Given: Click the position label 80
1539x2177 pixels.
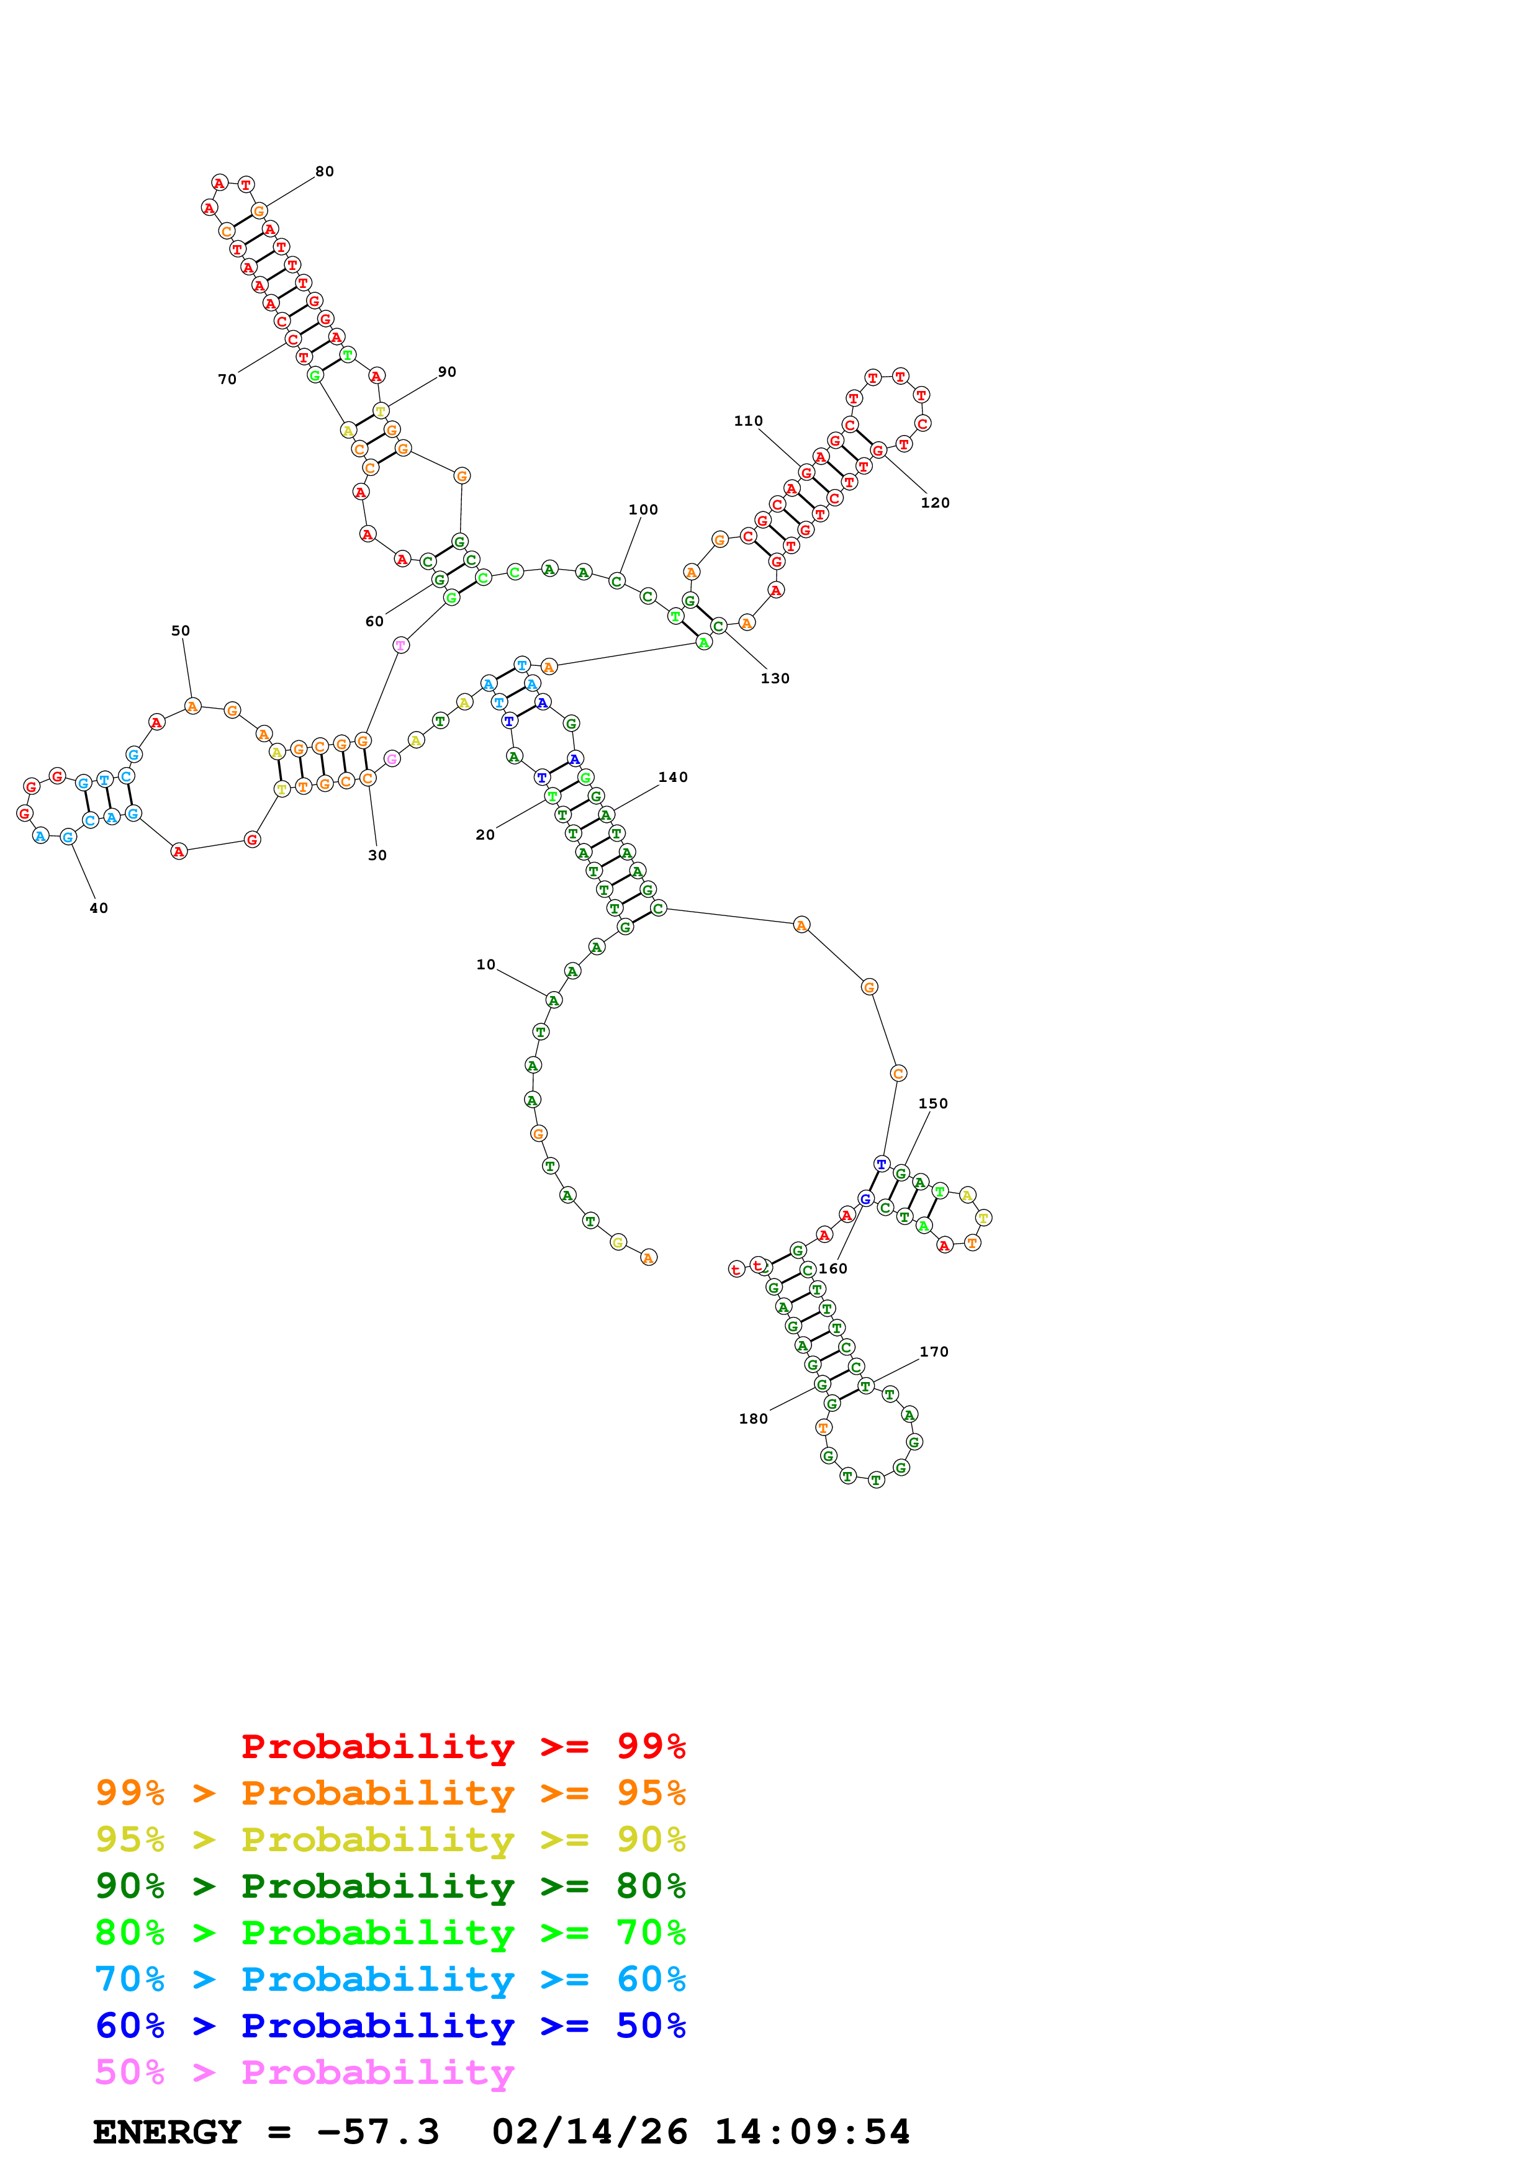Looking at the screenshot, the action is click(324, 172).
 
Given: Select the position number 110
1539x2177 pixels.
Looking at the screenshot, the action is click(748, 421).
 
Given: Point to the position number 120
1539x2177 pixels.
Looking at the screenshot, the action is click(935, 503).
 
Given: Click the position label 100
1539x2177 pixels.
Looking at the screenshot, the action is click(643, 509).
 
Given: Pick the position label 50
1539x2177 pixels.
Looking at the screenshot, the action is click(180, 631).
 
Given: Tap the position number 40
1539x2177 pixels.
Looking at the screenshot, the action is click(99, 909).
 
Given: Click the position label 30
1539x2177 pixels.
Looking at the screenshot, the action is click(377, 855).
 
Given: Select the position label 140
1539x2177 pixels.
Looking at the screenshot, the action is click(673, 778).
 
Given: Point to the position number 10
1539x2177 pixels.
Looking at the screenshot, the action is click(485, 964).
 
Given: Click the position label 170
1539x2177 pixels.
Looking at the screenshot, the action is click(934, 1352).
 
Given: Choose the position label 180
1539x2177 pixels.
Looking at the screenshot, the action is click(754, 1419).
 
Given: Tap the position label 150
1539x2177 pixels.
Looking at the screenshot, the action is click(933, 1103).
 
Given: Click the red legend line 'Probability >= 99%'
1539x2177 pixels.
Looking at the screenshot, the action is click(463, 1746).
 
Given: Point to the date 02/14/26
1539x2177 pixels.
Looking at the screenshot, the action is click(590, 2132).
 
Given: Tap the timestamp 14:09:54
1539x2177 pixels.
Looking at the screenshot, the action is click(813, 2132).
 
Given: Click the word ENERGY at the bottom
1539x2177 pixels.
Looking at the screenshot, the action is click(167, 2132).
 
